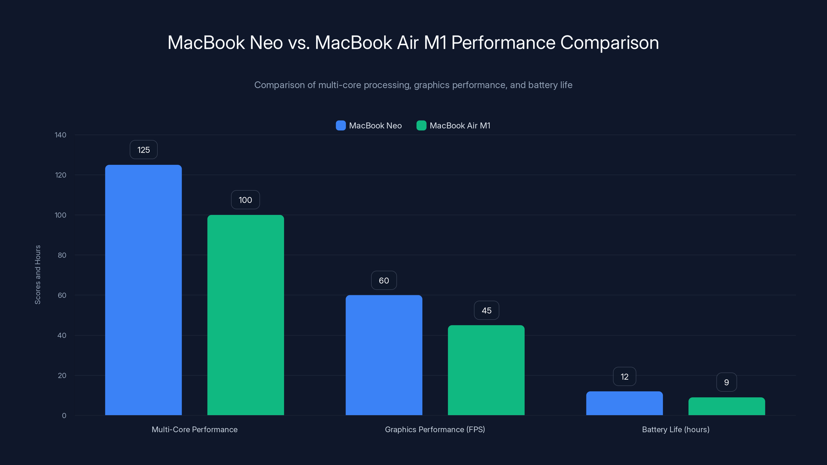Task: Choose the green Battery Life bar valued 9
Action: click(x=726, y=406)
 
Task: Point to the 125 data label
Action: click(x=143, y=150)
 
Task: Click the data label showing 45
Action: click(x=486, y=310)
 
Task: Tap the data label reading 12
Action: click(x=624, y=377)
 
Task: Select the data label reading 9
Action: click(x=726, y=382)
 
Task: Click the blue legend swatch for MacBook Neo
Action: click(x=341, y=126)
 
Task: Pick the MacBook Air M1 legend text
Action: click(x=460, y=126)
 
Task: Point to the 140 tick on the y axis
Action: click(x=60, y=135)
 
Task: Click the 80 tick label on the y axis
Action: click(x=62, y=255)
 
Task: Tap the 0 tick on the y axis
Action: click(x=64, y=416)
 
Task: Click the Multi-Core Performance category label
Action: click(x=195, y=429)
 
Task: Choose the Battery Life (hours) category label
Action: click(x=676, y=429)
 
